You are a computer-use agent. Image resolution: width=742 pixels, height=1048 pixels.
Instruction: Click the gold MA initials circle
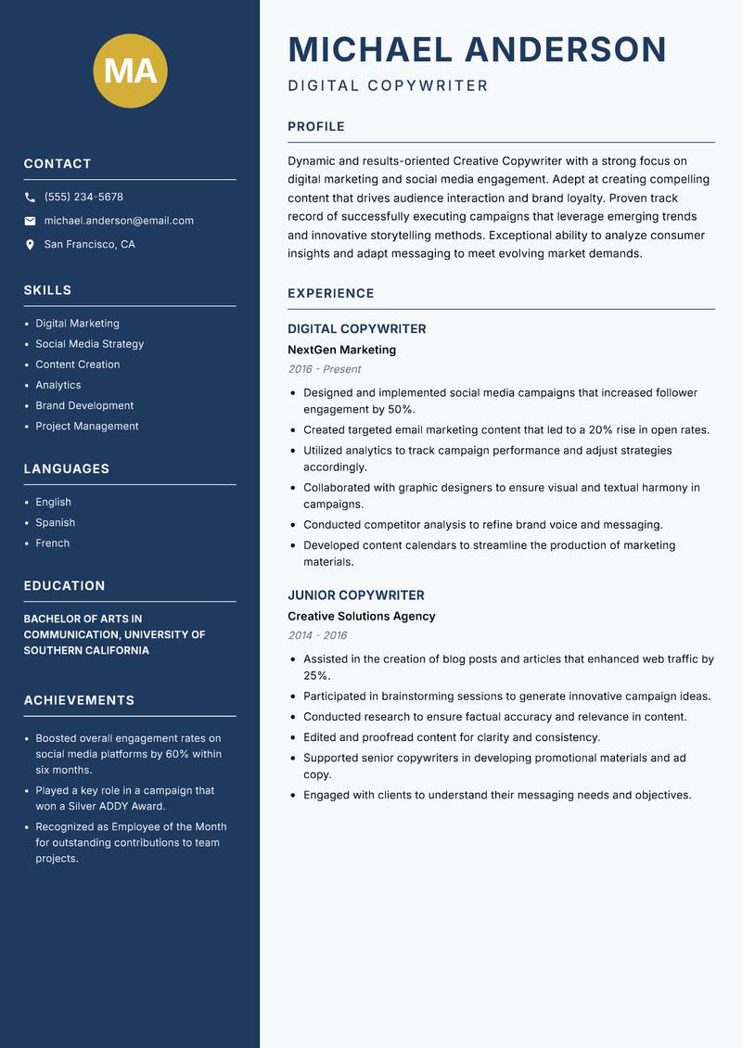tap(131, 70)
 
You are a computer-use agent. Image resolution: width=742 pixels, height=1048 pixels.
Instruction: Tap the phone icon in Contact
tap(30, 198)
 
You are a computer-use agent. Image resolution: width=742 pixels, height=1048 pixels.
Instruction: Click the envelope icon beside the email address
tap(30, 221)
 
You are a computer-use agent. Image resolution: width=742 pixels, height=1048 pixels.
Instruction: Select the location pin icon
tap(30, 245)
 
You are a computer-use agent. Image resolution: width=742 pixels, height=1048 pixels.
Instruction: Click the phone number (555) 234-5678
tap(83, 198)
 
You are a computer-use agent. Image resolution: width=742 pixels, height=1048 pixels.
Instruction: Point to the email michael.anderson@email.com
tap(119, 221)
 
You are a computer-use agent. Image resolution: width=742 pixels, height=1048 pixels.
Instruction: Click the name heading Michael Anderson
tap(477, 49)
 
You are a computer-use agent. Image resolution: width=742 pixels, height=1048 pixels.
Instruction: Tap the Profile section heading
tap(316, 127)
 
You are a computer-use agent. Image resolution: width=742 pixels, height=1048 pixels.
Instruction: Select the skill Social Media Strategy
tap(89, 344)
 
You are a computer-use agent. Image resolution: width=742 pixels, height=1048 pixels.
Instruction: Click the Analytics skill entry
tap(58, 385)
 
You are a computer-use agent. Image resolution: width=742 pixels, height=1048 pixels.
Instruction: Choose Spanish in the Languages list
tap(55, 523)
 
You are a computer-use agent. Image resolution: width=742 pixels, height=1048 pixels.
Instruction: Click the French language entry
tap(52, 543)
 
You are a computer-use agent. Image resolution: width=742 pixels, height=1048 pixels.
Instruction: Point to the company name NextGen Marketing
tap(341, 351)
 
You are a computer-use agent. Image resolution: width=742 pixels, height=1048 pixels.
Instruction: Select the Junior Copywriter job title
tap(355, 595)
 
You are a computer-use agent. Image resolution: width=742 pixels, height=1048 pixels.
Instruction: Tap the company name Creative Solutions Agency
tap(361, 617)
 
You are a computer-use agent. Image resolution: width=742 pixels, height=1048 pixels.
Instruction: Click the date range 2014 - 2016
tap(317, 635)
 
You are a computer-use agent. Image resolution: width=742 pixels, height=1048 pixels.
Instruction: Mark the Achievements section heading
tap(79, 700)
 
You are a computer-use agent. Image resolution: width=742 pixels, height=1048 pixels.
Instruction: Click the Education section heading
tap(64, 586)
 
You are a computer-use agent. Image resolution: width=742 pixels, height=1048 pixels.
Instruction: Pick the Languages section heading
tap(66, 469)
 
